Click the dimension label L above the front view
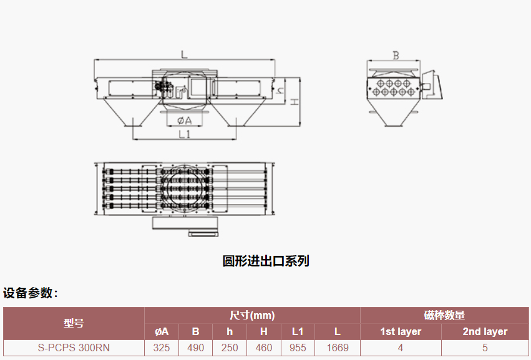coord(184,54)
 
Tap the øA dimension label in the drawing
coord(185,120)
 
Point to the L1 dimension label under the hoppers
coord(185,134)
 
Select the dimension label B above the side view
coord(396,55)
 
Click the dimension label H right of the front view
coord(295,101)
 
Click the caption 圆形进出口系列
coord(266,261)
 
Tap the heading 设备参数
coord(31,293)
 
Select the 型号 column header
coord(74,323)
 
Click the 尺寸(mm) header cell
coord(252,315)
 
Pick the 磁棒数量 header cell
coord(444,315)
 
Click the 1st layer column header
coord(401,331)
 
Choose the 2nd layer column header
coord(485,331)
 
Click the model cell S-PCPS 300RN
coord(74,348)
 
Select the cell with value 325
coord(162,348)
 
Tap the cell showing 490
coord(196,348)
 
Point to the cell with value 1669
coord(338,348)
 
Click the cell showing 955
coord(298,348)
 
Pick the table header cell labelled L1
coord(298,331)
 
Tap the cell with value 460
coord(264,348)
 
